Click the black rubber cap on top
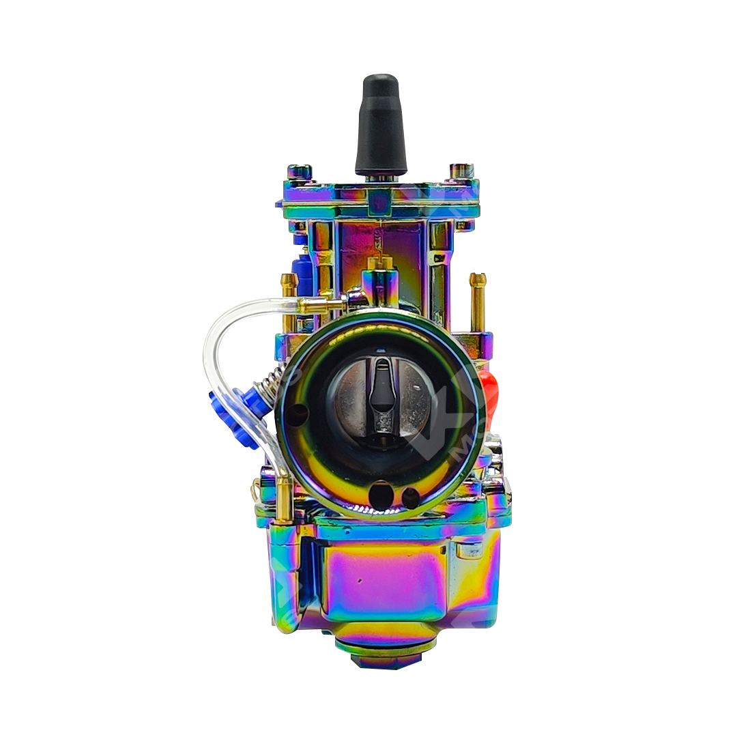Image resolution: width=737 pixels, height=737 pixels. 380,126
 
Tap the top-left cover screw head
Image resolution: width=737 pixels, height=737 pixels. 299,171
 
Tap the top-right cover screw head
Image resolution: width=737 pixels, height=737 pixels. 462,170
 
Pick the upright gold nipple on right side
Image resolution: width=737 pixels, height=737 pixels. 478,300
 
